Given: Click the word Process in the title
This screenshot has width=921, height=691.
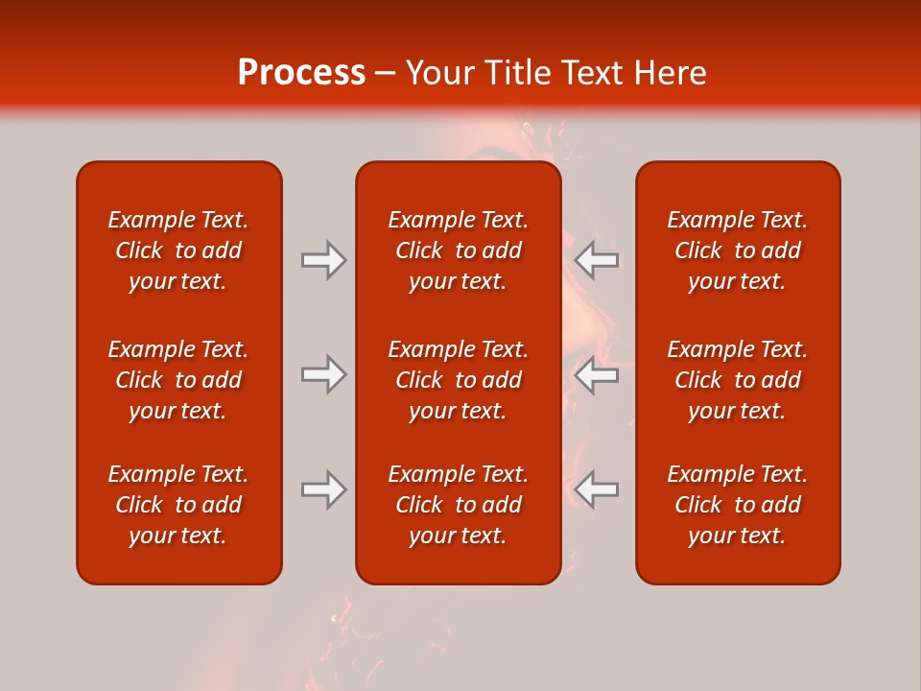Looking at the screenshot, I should (301, 73).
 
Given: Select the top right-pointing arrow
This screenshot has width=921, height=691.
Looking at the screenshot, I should (324, 260).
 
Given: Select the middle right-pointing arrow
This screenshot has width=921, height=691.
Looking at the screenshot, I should (324, 375).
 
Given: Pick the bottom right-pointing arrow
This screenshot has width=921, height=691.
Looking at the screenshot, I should (324, 490).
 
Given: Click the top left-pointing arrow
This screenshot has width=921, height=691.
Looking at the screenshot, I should (596, 260).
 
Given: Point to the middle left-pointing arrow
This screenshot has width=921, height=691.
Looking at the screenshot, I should (596, 375).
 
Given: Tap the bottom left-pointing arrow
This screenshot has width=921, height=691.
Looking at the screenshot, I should (596, 490).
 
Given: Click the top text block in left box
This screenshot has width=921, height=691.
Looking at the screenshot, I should (178, 250).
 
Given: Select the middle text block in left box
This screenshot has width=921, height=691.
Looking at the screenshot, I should (178, 380).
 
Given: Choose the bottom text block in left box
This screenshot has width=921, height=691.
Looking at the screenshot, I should (178, 505).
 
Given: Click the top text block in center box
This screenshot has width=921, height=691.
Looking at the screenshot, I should (458, 250).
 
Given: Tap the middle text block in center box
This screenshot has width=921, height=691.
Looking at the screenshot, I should (458, 380).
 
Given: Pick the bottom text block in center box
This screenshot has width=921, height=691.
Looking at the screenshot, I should (458, 505).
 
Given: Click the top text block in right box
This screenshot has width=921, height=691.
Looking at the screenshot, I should (737, 250).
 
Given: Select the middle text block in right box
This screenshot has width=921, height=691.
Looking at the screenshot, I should (737, 380).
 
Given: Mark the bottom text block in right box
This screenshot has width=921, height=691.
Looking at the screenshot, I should (737, 505).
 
